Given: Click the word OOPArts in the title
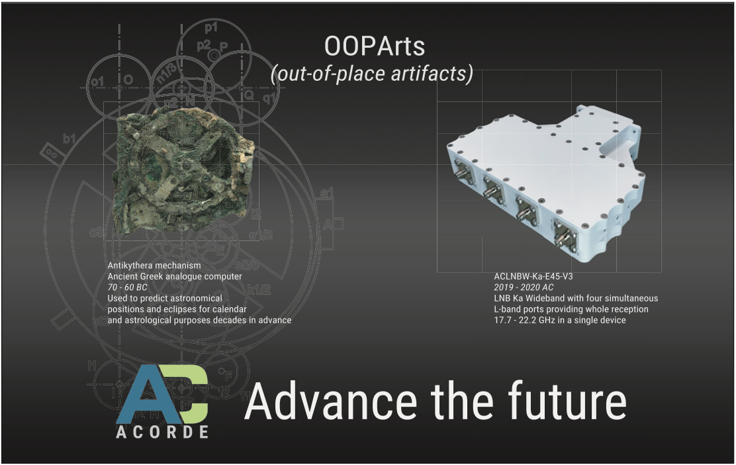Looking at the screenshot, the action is (x=375, y=46).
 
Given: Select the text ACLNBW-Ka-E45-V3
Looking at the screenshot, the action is (x=533, y=276).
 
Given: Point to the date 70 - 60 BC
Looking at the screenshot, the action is (x=127, y=287).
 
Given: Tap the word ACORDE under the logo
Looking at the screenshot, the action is (x=162, y=432).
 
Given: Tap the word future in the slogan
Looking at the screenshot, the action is (x=567, y=400).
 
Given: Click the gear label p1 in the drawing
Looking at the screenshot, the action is (x=211, y=28).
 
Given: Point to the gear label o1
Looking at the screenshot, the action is (x=97, y=82).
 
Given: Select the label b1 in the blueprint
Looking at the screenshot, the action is (x=69, y=138).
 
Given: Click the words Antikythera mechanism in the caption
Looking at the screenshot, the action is (x=154, y=266).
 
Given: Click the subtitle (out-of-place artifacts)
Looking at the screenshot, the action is (x=372, y=74).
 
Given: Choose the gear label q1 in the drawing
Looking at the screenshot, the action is (x=270, y=98).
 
